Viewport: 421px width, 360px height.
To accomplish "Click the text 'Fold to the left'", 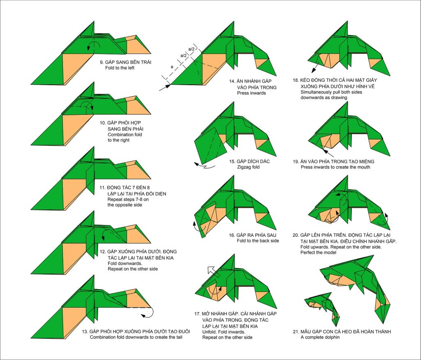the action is click(120, 68).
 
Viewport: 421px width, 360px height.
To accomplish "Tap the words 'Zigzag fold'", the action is click(248, 167).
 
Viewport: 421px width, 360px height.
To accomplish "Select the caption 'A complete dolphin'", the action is click(320, 337).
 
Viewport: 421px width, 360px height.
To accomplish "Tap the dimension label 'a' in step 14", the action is click(172, 67).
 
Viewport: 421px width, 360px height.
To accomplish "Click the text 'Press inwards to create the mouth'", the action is click(335, 167).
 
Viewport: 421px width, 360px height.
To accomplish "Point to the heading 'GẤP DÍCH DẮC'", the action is click(253, 161).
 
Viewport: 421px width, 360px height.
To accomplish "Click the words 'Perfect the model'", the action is click(318, 253).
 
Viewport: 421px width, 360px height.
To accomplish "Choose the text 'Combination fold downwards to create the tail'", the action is click(136, 337).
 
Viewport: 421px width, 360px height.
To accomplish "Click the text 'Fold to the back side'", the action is click(258, 241).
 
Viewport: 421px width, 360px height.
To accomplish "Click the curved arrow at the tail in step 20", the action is click(384, 220).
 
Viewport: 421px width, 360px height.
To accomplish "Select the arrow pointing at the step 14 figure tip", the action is click(165, 88).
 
